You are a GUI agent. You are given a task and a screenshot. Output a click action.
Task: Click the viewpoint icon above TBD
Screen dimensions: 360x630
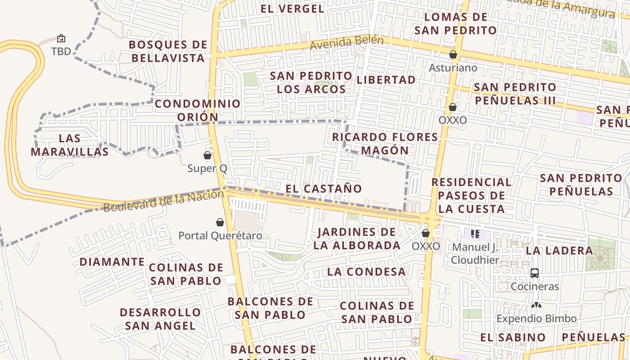point(61,39)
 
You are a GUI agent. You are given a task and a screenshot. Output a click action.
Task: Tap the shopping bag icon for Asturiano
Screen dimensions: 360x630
point(453,55)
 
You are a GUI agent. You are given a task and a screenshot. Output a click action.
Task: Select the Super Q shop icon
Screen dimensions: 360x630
point(207,156)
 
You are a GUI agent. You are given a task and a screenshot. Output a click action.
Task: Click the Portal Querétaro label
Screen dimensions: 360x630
point(220,236)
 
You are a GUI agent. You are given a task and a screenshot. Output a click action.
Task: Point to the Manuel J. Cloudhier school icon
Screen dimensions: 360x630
point(475,234)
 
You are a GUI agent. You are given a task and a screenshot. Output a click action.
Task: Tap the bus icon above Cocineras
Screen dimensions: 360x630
point(535,273)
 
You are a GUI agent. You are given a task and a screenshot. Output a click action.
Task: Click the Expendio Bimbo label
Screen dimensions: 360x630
point(536,319)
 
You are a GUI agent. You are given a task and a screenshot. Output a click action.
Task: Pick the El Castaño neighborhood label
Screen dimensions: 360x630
point(324,189)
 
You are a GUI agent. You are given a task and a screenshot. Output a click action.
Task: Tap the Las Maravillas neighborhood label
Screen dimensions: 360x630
point(70,145)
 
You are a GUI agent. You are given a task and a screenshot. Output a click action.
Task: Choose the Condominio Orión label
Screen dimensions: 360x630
point(198,110)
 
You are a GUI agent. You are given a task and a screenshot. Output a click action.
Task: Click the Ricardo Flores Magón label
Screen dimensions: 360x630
point(385,144)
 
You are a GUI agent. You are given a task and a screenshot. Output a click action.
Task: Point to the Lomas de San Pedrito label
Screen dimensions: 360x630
point(455,24)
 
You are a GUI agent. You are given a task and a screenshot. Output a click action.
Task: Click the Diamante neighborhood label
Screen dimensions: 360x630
point(112,262)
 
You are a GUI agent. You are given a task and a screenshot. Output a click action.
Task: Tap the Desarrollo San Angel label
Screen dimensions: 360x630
point(160,319)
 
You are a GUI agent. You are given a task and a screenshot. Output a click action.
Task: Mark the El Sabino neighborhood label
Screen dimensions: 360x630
point(513,337)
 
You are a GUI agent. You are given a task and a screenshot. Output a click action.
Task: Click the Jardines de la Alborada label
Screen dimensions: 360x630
point(357,238)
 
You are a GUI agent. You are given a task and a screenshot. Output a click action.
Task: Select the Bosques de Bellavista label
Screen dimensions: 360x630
point(168,51)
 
